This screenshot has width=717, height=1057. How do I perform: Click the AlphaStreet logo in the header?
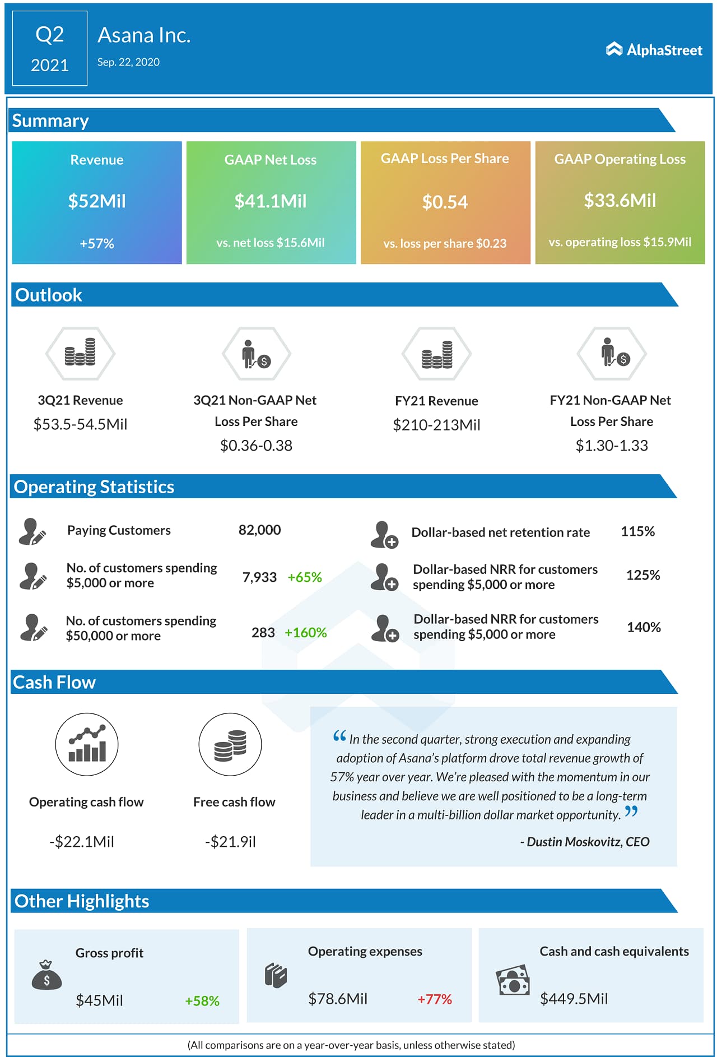(x=654, y=50)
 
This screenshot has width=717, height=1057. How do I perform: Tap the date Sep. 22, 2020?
(x=128, y=62)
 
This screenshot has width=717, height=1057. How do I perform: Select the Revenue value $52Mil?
(x=97, y=201)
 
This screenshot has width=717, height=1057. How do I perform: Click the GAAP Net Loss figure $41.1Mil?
(x=271, y=201)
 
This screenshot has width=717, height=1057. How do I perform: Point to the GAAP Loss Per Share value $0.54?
(x=445, y=202)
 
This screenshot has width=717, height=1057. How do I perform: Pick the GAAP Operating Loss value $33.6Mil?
(x=620, y=201)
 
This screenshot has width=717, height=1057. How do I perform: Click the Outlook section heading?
(x=49, y=295)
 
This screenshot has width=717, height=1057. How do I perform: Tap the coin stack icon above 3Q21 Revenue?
(x=80, y=353)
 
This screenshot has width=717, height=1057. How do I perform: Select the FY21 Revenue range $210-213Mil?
(x=436, y=425)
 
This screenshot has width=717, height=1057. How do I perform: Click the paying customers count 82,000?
(x=259, y=530)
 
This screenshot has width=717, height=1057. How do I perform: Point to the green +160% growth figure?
(x=305, y=633)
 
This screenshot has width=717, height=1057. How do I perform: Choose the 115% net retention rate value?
(x=637, y=531)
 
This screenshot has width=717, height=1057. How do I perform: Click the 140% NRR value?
(x=644, y=627)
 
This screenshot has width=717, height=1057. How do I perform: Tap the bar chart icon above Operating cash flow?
(x=87, y=744)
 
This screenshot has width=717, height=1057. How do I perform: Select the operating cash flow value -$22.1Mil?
(x=82, y=842)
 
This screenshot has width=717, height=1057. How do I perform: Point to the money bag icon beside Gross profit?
(x=46, y=975)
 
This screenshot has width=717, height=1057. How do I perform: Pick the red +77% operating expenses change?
(x=435, y=999)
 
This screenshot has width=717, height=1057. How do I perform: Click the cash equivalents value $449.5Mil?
(x=574, y=999)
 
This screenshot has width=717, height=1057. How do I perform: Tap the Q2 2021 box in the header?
(x=50, y=49)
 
